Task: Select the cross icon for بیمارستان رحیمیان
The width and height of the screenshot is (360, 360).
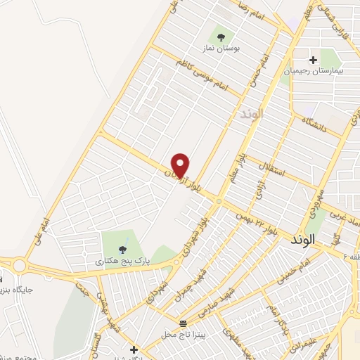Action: click(x=313, y=58)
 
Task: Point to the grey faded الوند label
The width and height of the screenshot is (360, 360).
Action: click(x=250, y=113)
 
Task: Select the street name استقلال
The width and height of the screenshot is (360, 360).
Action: click(x=271, y=168)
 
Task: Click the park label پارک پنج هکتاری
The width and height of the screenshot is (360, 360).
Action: click(x=124, y=261)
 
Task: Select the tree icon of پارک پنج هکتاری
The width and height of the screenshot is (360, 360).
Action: click(x=123, y=248)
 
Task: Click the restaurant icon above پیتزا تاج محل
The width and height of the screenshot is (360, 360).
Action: click(x=184, y=323)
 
